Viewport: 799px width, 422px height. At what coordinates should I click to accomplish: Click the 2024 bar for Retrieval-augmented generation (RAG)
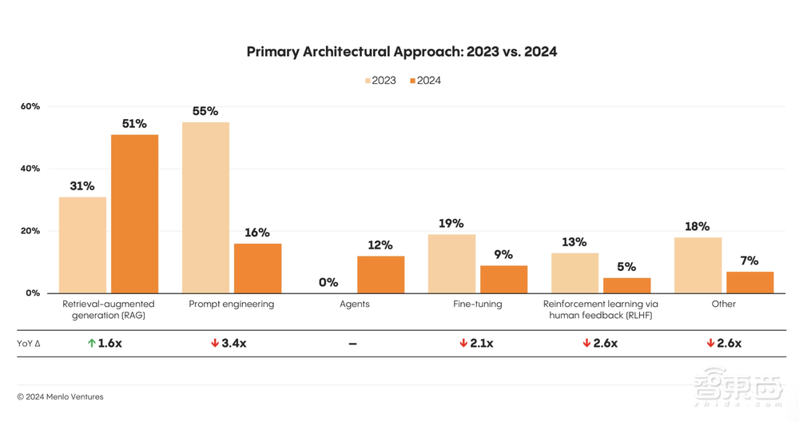(x=134, y=213)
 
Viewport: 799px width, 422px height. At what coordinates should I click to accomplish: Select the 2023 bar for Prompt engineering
(x=205, y=207)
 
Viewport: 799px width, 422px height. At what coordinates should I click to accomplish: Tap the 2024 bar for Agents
(x=380, y=274)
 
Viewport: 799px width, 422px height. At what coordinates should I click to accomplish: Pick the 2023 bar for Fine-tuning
(x=451, y=263)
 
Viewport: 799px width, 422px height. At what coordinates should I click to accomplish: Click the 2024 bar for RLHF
(x=626, y=285)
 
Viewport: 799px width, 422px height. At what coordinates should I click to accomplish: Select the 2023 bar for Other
(x=698, y=265)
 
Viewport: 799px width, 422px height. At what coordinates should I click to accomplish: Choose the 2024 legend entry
(x=426, y=81)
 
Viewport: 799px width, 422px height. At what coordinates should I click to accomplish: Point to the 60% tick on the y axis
(x=30, y=106)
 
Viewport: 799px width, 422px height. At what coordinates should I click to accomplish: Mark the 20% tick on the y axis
(x=30, y=231)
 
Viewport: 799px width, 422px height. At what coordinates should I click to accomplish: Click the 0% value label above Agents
(x=328, y=282)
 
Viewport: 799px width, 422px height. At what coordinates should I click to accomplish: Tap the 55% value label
(x=205, y=111)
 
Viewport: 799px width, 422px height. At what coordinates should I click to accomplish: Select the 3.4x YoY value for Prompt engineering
(x=234, y=343)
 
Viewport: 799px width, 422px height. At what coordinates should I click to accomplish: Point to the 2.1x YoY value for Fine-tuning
(x=481, y=343)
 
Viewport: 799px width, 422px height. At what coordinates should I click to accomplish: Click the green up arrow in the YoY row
(x=92, y=343)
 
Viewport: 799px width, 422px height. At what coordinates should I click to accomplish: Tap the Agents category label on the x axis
(x=354, y=305)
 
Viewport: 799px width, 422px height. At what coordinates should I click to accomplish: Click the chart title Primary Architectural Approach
(x=401, y=52)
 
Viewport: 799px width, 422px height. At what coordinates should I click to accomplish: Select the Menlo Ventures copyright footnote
(x=60, y=396)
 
